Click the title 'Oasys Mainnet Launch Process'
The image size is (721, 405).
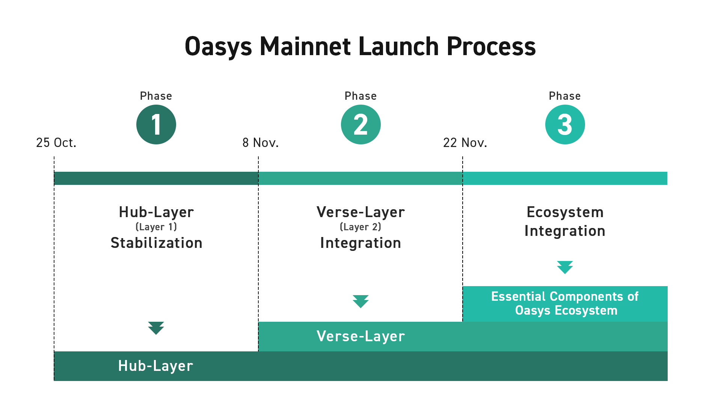click(x=360, y=46)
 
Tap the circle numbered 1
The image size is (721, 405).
click(x=156, y=124)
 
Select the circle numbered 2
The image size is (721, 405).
click(x=360, y=124)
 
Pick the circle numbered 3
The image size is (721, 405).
click(x=565, y=124)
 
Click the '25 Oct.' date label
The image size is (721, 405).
click(x=56, y=143)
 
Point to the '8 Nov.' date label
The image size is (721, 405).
click(x=260, y=143)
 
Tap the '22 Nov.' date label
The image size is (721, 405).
click(x=465, y=143)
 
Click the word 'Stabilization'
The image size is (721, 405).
click(x=156, y=243)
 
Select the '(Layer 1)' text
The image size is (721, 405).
click(x=156, y=227)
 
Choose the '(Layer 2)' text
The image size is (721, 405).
click(x=360, y=227)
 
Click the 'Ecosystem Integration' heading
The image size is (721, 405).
click(x=565, y=222)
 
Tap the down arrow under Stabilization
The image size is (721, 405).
click(x=156, y=328)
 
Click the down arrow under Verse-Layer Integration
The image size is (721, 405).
click(x=360, y=301)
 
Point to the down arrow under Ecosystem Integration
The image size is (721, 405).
click(x=565, y=267)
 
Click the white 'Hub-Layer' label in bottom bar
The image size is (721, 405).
click(x=155, y=366)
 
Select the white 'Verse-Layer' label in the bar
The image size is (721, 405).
click(x=360, y=336)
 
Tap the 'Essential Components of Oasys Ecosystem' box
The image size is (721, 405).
click(x=565, y=304)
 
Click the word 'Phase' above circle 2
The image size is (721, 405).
click(x=360, y=96)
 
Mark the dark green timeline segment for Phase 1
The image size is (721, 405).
click(x=156, y=178)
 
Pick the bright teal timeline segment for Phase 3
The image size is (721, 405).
click(x=565, y=178)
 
